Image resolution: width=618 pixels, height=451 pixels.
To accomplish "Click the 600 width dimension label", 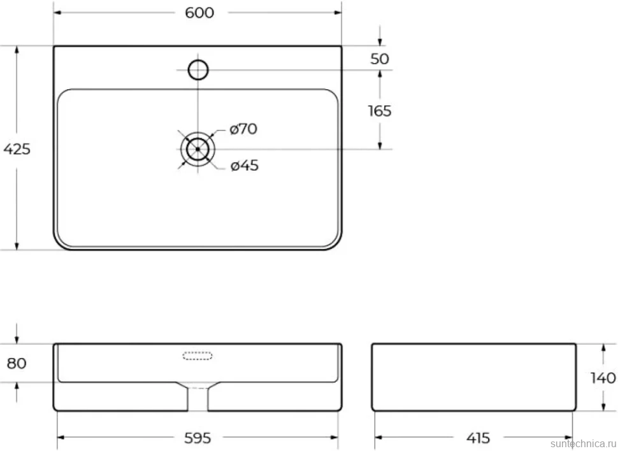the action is pyautogui.click(x=199, y=13).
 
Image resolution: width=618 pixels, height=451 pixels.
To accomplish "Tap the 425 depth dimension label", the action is pyautogui.click(x=17, y=149).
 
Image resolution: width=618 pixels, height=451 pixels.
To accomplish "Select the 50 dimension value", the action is pyautogui.click(x=380, y=59).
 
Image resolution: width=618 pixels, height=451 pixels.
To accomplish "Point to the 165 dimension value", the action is pyautogui.click(x=380, y=111).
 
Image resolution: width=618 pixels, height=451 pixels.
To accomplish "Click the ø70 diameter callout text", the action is pyautogui.click(x=243, y=129).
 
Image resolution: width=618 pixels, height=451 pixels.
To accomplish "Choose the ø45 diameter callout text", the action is pyautogui.click(x=245, y=166).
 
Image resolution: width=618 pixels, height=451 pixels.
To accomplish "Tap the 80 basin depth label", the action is pyautogui.click(x=17, y=363).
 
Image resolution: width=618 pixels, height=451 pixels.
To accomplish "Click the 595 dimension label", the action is pyautogui.click(x=198, y=438).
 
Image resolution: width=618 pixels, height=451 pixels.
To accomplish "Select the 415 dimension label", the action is pyautogui.click(x=478, y=438).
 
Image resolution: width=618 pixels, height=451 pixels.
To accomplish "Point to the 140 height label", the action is pyautogui.click(x=603, y=378).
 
